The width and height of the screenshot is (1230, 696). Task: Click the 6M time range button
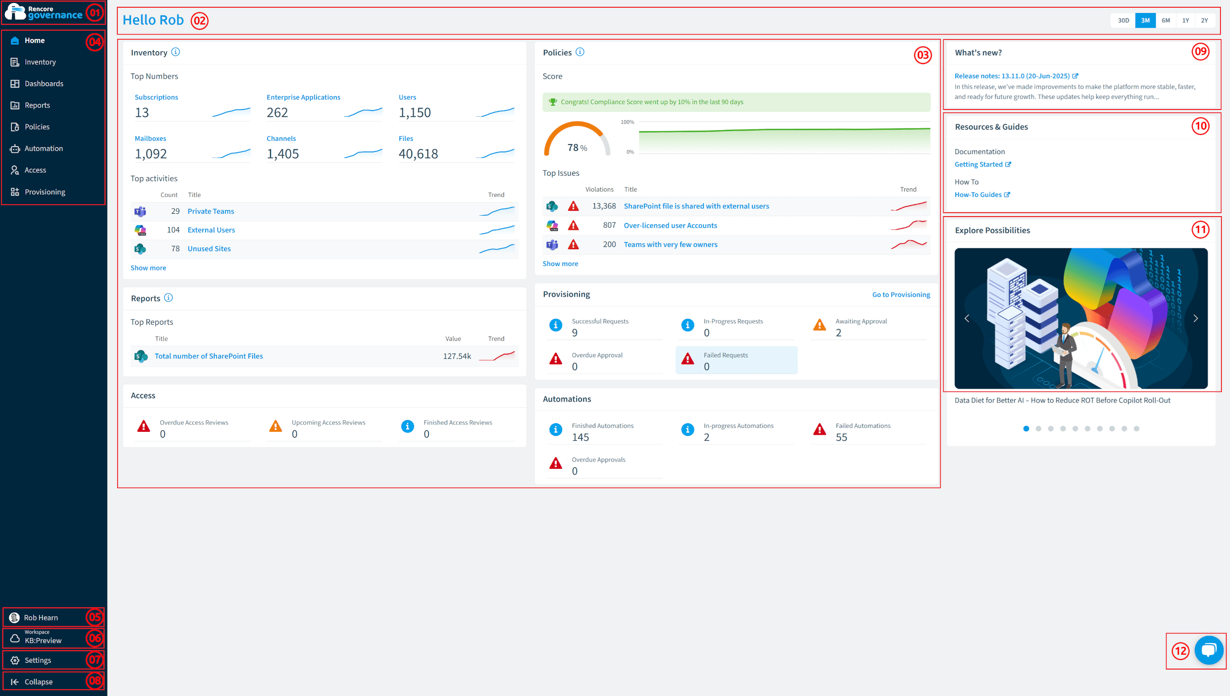[1166, 20]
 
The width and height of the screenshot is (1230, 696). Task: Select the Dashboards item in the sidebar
[44, 84]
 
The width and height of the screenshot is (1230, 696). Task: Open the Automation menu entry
[44, 148]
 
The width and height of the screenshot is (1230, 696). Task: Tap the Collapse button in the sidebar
[38, 682]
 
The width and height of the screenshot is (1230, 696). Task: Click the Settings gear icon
[15, 660]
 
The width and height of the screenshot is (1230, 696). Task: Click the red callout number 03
[922, 55]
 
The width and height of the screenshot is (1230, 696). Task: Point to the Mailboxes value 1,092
[151, 154]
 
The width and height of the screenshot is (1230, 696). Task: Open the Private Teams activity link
[211, 211]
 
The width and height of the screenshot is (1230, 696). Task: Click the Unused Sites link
[209, 249]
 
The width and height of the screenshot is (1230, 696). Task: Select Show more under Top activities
[148, 268]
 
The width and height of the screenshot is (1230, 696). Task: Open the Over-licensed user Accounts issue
[670, 225]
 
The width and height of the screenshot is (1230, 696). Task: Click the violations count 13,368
[604, 206]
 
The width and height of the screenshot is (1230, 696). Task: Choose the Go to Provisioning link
[901, 294]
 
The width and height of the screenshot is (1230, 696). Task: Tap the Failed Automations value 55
[841, 437]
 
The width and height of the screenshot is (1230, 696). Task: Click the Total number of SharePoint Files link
[209, 356]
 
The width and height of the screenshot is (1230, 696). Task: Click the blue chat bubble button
[1209, 650]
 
